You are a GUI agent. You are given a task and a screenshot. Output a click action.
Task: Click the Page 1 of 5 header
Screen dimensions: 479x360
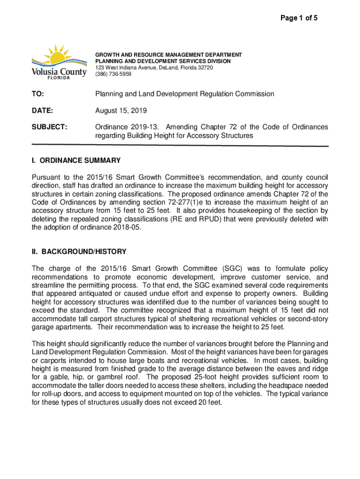299,18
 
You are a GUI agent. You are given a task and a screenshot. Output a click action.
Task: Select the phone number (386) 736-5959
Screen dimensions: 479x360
114,74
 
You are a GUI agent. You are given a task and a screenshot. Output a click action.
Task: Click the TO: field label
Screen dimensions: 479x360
38,94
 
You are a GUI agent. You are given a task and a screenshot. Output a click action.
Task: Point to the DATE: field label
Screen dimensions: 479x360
42,111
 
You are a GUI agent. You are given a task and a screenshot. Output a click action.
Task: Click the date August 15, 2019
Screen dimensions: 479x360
121,111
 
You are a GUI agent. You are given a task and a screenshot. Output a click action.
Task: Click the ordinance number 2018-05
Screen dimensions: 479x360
124,228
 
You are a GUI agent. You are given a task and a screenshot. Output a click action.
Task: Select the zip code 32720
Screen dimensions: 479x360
204,68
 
